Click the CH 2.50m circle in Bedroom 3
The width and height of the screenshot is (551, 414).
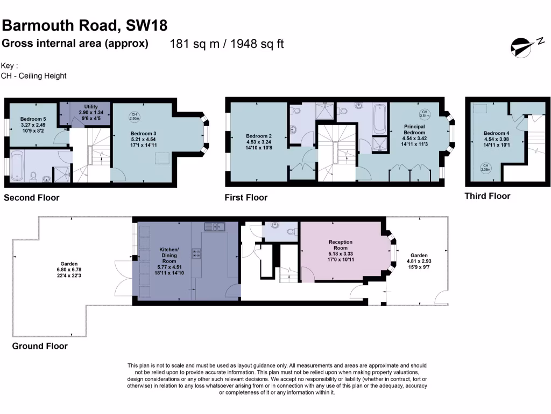click(135, 116)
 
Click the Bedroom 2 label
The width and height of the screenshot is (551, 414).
click(256, 136)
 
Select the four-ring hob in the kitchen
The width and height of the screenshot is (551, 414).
click(197, 253)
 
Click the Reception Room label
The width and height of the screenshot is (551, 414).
click(340, 243)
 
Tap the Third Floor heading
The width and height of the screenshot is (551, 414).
click(487, 196)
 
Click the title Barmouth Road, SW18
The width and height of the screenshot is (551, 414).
click(84, 25)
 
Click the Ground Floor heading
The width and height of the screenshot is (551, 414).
click(40, 346)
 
